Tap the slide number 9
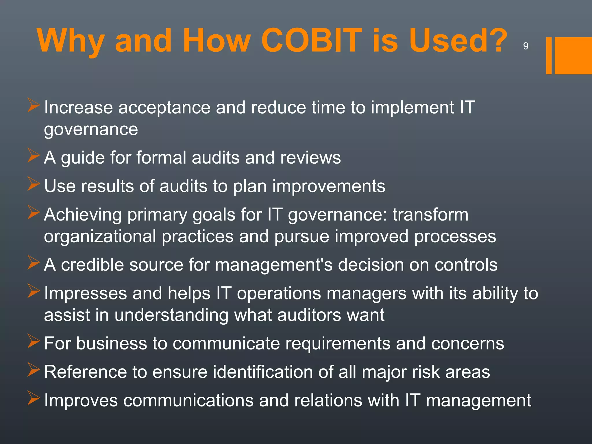click(526, 46)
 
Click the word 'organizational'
click(100, 236)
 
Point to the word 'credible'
click(92, 265)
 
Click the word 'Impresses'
click(86, 293)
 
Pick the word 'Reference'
click(86, 372)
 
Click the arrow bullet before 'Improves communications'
click(34, 398)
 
